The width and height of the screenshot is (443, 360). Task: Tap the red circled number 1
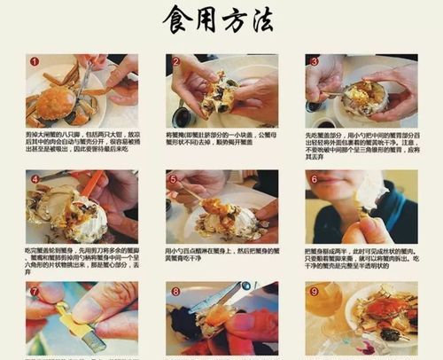(34, 62)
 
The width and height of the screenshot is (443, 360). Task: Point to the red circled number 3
(314, 62)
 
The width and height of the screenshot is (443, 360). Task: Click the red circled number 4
(34, 178)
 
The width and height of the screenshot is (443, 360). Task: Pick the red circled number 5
(174, 178)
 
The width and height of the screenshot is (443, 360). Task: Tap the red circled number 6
(314, 178)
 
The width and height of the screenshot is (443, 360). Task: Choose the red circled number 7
(34, 291)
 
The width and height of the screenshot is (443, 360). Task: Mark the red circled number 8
(175, 291)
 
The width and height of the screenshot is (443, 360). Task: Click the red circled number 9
(314, 291)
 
